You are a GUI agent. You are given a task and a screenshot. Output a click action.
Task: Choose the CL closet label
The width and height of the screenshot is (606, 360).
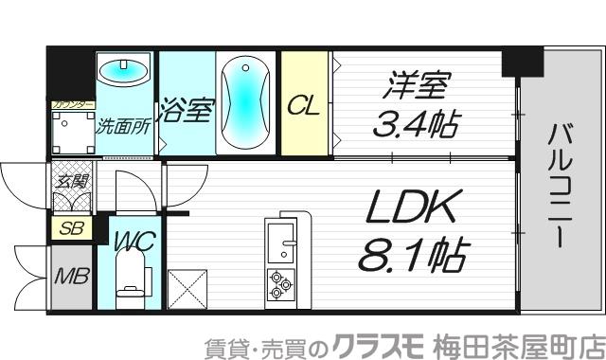(303, 104)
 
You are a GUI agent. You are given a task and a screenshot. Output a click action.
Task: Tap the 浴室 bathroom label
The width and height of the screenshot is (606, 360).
(185, 110)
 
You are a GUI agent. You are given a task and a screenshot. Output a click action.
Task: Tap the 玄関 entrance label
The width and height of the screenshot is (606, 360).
(71, 181)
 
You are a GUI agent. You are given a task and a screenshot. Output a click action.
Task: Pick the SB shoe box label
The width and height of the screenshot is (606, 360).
(70, 228)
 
